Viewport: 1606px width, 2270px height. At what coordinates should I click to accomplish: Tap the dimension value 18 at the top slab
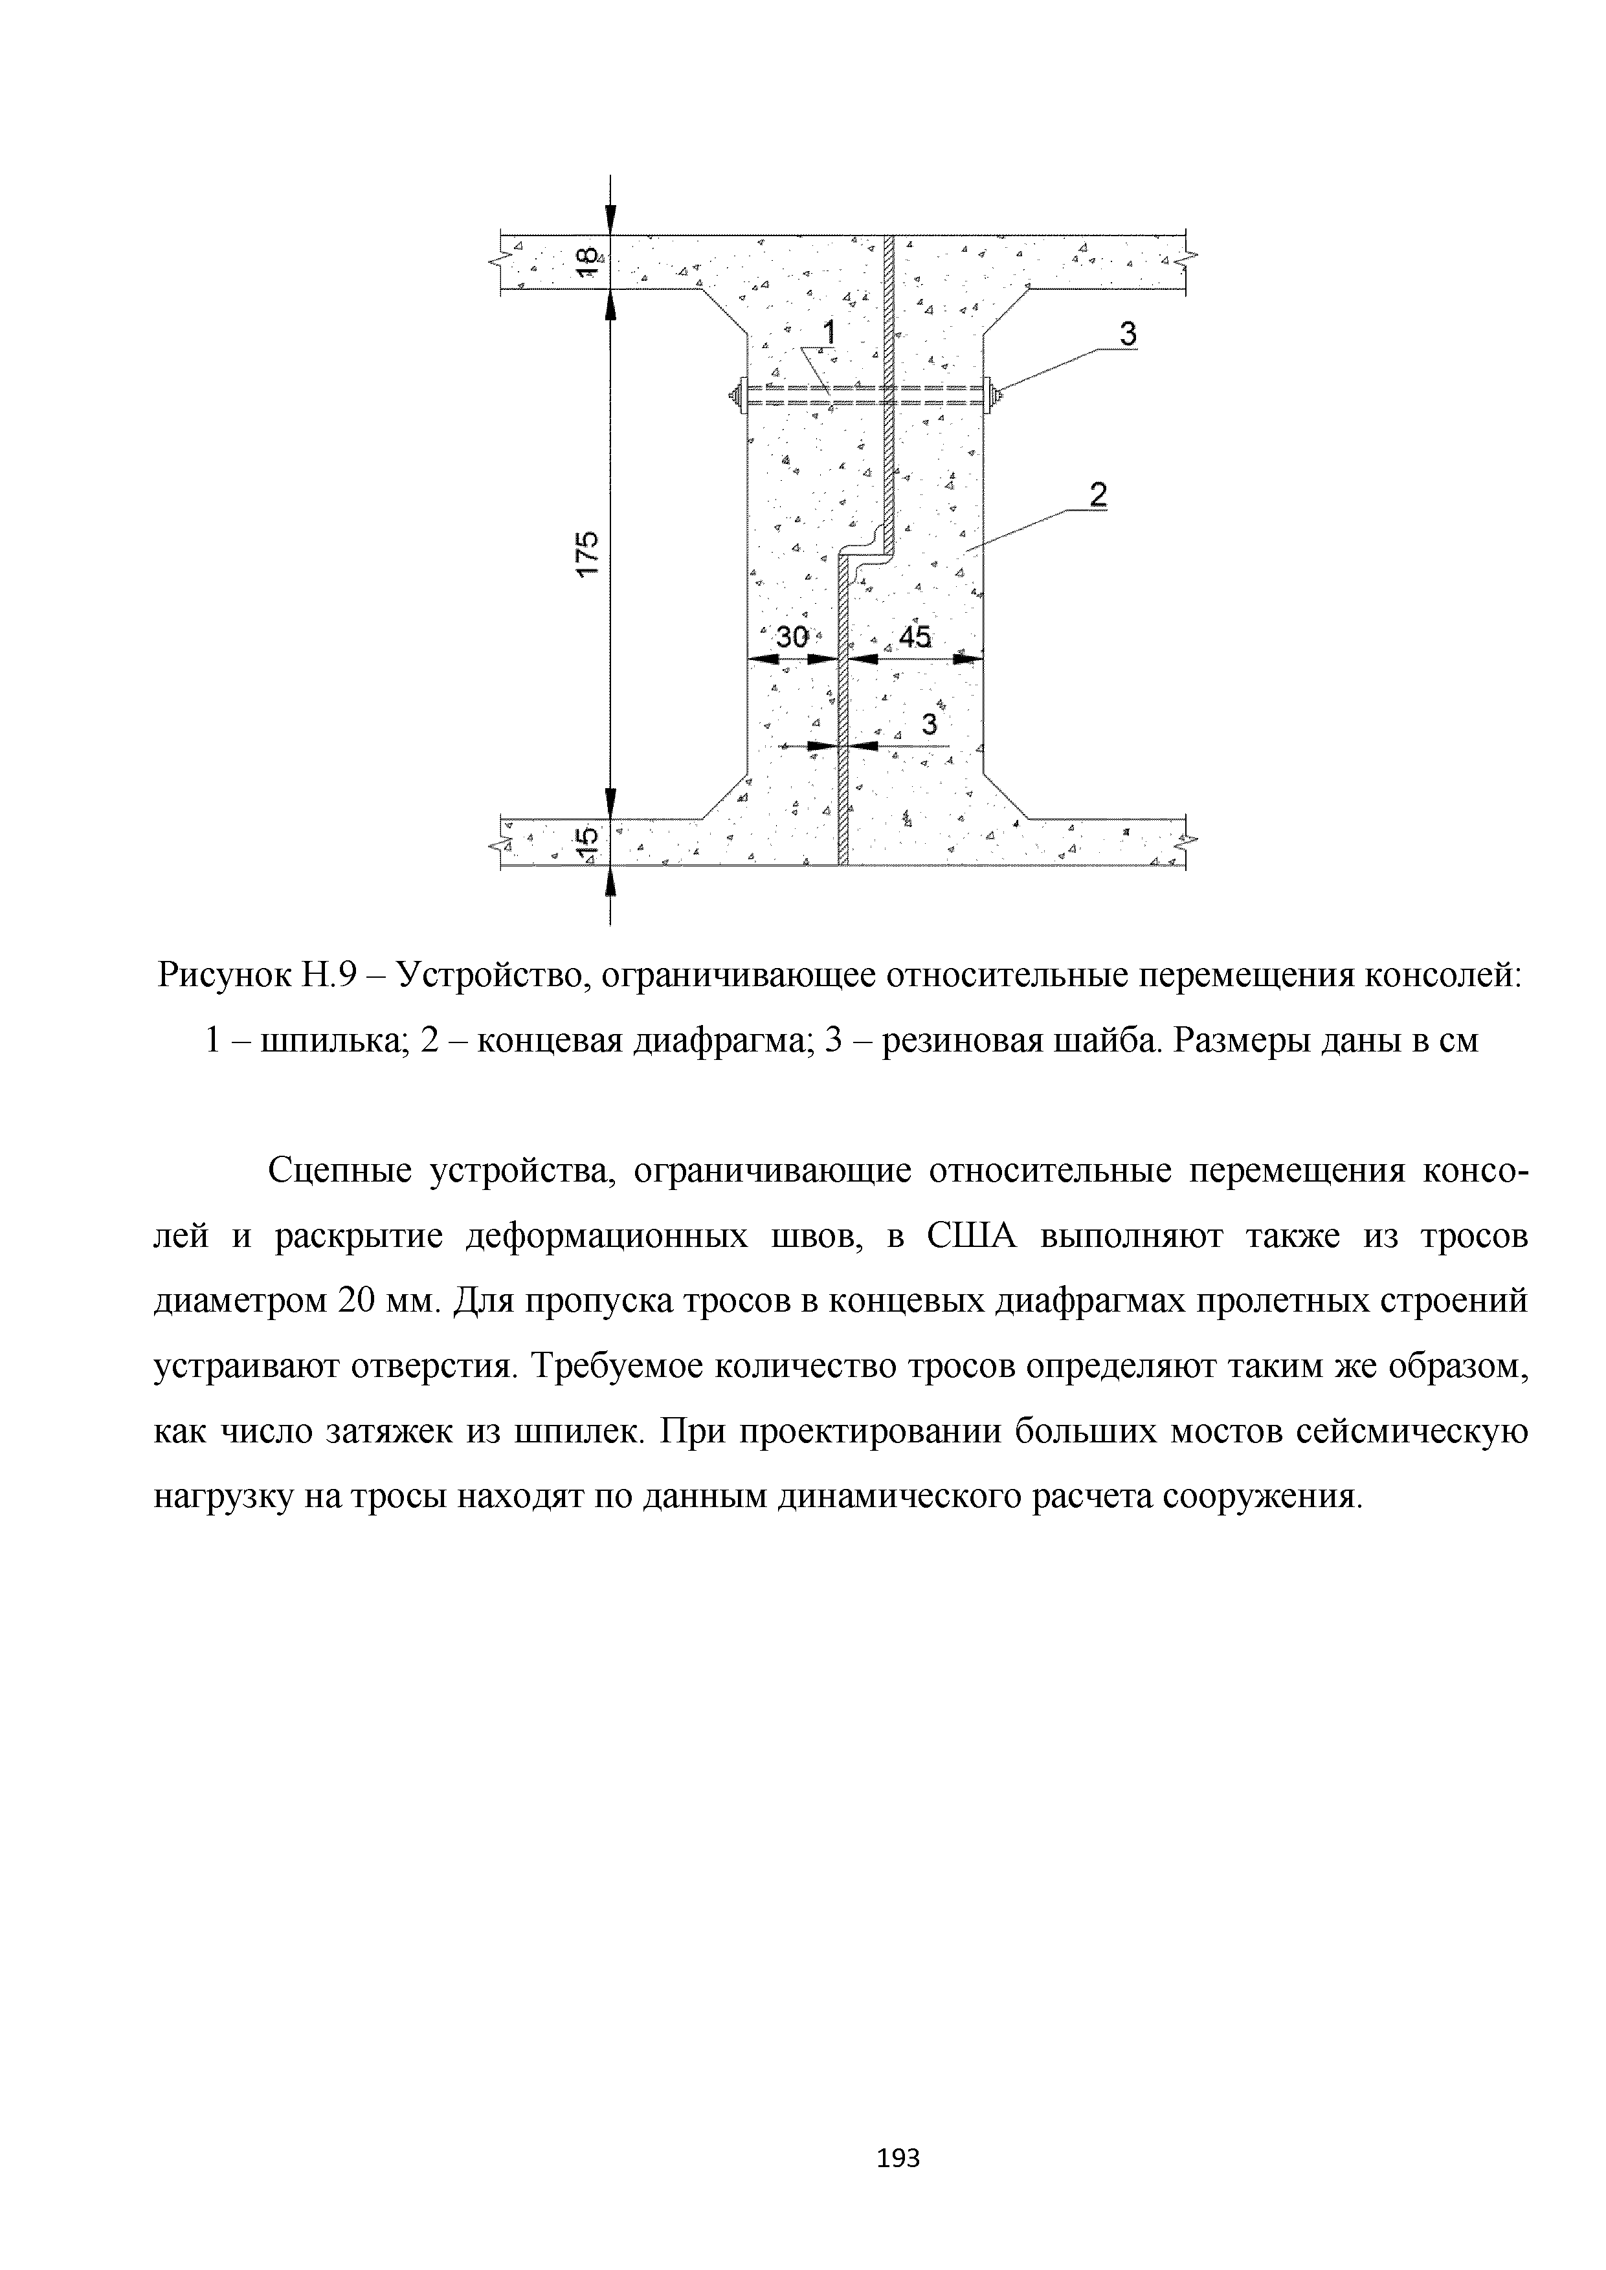click(587, 261)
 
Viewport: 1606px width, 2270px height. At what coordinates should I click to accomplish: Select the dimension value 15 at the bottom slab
click(587, 841)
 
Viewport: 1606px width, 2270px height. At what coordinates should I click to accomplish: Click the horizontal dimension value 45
click(915, 637)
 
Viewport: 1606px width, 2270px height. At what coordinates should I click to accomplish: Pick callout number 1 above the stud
click(829, 333)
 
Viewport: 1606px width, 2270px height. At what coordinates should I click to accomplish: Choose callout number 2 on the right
click(1097, 494)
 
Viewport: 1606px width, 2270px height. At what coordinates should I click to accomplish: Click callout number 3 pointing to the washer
click(1128, 335)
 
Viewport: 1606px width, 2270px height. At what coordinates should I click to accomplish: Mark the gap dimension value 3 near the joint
click(929, 725)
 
